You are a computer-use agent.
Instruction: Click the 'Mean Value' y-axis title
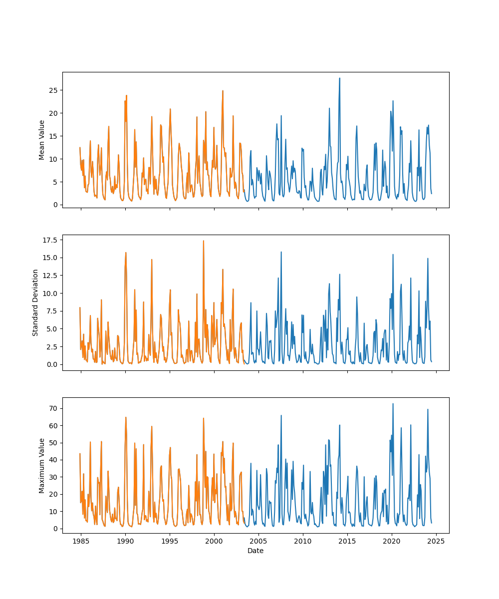(42, 140)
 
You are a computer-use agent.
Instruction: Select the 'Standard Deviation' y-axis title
(35, 302)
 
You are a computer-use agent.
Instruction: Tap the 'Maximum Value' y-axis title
(42, 465)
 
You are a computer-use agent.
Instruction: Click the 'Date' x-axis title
(255, 551)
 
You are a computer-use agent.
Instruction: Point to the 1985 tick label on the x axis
(81, 542)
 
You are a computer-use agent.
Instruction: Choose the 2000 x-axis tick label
(214, 542)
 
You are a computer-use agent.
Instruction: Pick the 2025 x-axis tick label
(436, 542)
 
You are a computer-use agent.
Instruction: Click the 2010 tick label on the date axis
(303, 542)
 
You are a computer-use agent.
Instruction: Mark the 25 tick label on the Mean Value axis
(52, 90)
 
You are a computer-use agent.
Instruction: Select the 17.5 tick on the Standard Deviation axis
(50, 240)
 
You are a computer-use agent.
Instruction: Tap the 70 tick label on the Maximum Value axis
(52, 408)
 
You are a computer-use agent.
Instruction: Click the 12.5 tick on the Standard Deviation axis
(50, 276)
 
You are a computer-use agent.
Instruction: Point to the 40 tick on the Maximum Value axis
(52, 460)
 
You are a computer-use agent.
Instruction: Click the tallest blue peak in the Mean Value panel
(340, 78)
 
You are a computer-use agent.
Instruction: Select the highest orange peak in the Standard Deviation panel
(203, 241)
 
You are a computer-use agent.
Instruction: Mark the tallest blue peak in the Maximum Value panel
(393, 403)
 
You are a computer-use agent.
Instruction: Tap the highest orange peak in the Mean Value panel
(223, 91)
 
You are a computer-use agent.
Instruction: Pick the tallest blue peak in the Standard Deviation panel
(281, 252)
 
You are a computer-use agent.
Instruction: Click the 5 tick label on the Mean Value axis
(54, 182)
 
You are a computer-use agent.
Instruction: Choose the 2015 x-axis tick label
(347, 542)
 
